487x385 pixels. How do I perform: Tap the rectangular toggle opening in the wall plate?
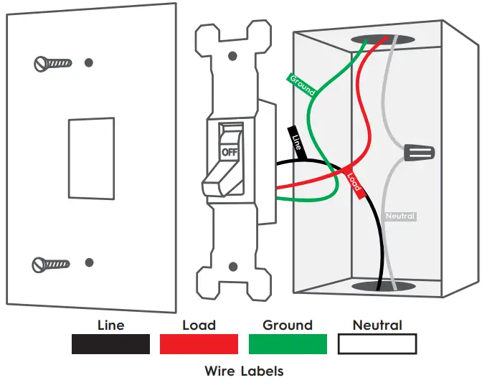91,158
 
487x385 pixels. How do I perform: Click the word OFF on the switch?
230,152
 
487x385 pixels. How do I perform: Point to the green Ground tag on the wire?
302,84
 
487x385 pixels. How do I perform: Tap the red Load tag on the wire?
354,182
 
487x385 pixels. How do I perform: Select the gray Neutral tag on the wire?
400,216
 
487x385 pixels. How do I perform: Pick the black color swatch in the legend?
110,344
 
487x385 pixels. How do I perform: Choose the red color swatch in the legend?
199,344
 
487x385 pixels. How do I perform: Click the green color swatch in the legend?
287,344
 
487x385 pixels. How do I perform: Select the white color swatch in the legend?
377,344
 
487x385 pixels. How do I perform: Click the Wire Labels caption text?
244,371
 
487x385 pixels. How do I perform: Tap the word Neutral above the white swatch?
377,325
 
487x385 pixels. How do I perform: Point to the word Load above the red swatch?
199,325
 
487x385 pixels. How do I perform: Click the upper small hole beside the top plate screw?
88,62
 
